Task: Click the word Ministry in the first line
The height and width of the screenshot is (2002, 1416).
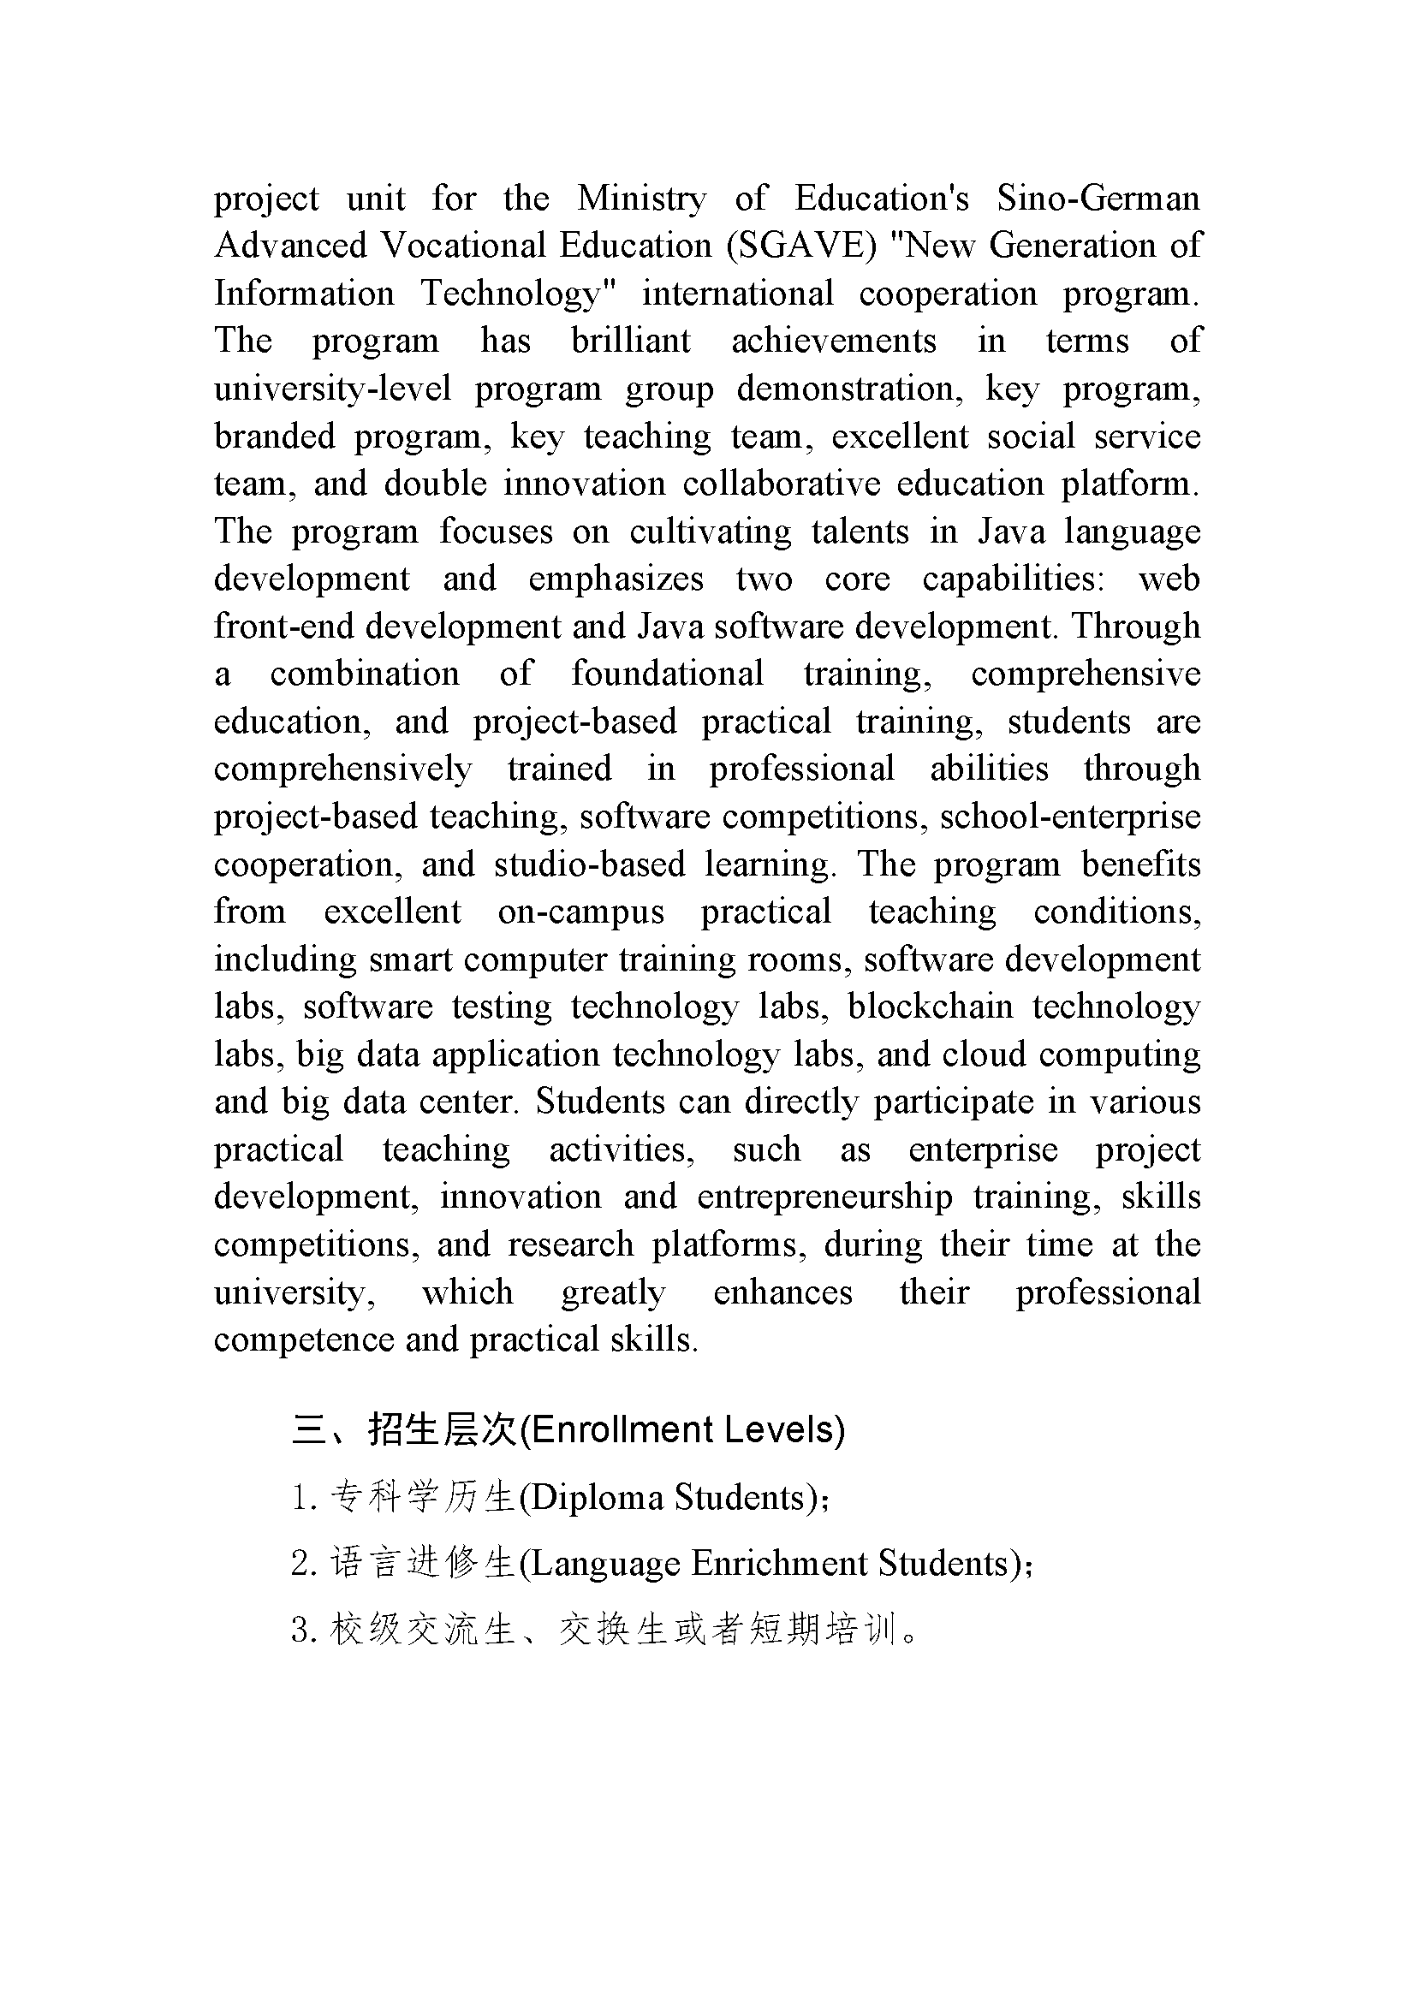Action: point(641,199)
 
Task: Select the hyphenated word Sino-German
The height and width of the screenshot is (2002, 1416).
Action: point(1098,199)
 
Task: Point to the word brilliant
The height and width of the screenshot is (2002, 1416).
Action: point(630,341)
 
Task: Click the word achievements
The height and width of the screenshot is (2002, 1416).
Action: point(834,341)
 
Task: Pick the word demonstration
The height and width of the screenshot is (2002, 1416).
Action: point(850,389)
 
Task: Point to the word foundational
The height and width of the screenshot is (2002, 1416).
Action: point(667,674)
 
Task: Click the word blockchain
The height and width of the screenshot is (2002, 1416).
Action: point(931,1007)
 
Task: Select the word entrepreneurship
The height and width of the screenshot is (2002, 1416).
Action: point(824,1197)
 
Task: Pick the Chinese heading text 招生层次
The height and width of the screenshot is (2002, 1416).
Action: point(443,1431)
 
